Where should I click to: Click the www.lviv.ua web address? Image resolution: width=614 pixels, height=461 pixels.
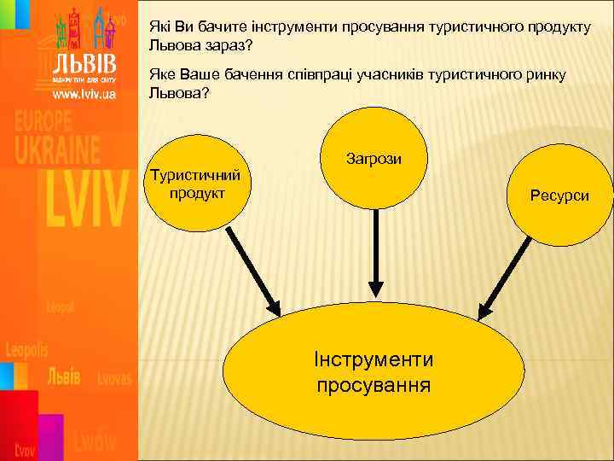84,95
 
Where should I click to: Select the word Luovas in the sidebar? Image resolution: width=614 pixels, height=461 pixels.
114,378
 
